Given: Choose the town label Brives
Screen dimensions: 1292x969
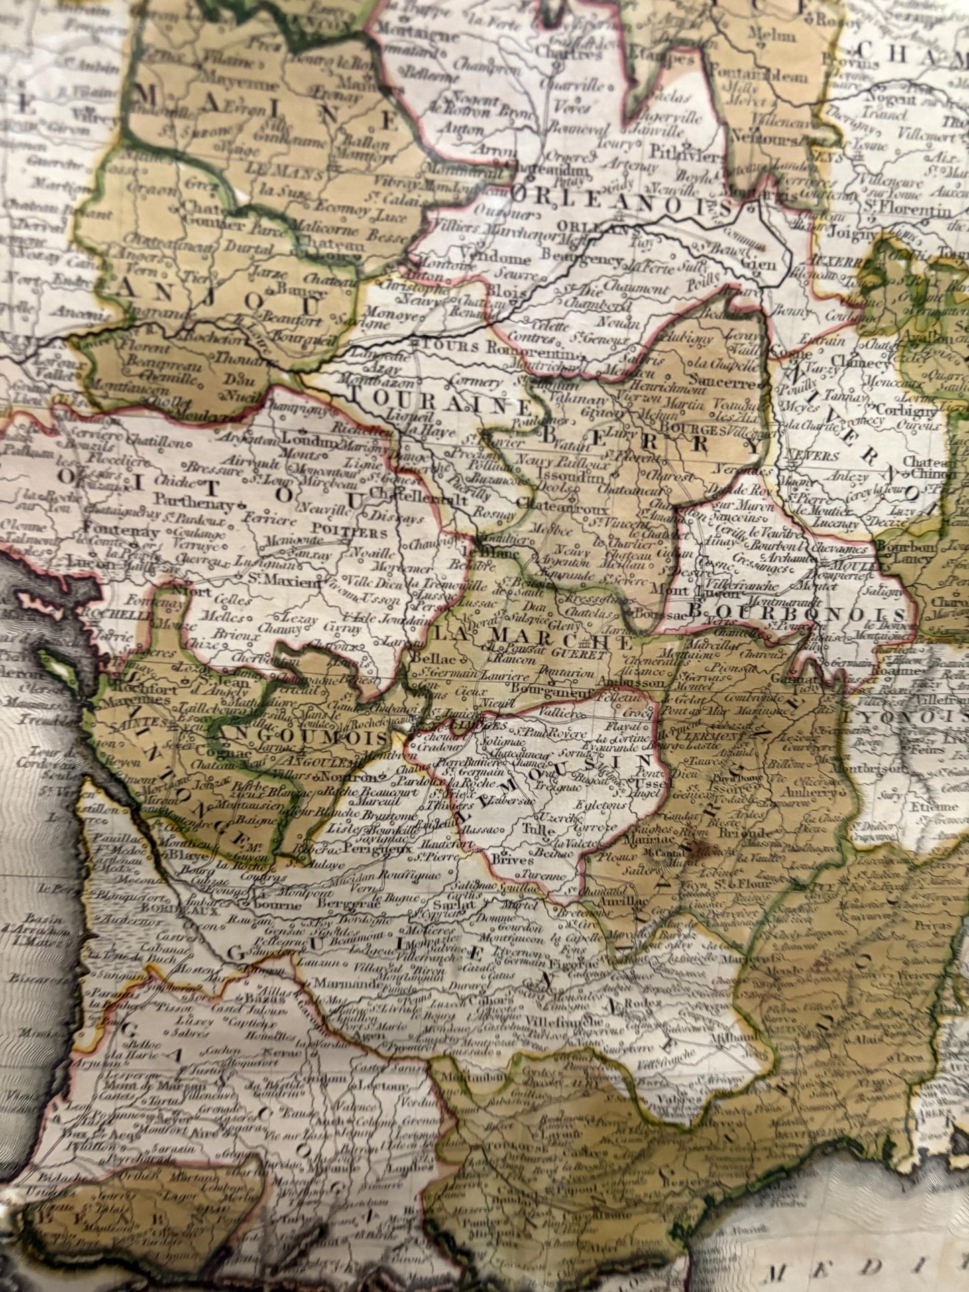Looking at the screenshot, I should (x=512, y=860).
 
